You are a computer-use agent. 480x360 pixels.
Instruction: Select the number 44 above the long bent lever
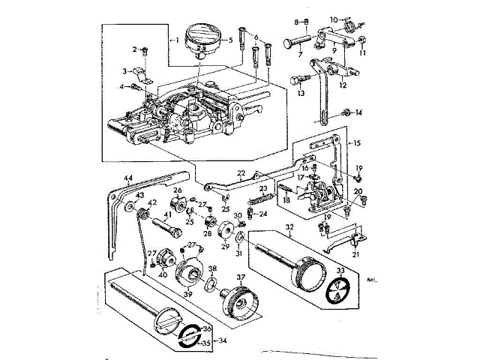coord(128,179)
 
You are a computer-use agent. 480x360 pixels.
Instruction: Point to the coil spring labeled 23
coord(259,199)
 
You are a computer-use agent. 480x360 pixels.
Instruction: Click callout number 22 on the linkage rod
coord(241,173)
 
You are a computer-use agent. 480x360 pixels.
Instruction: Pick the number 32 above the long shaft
coord(290,226)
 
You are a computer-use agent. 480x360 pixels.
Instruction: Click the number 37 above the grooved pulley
coord(241,277)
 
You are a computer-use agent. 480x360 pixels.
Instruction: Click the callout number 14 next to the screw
coord(359,113)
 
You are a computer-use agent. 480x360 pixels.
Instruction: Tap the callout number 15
coord(357,142)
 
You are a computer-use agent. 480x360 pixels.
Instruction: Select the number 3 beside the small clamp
coord(125,70)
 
